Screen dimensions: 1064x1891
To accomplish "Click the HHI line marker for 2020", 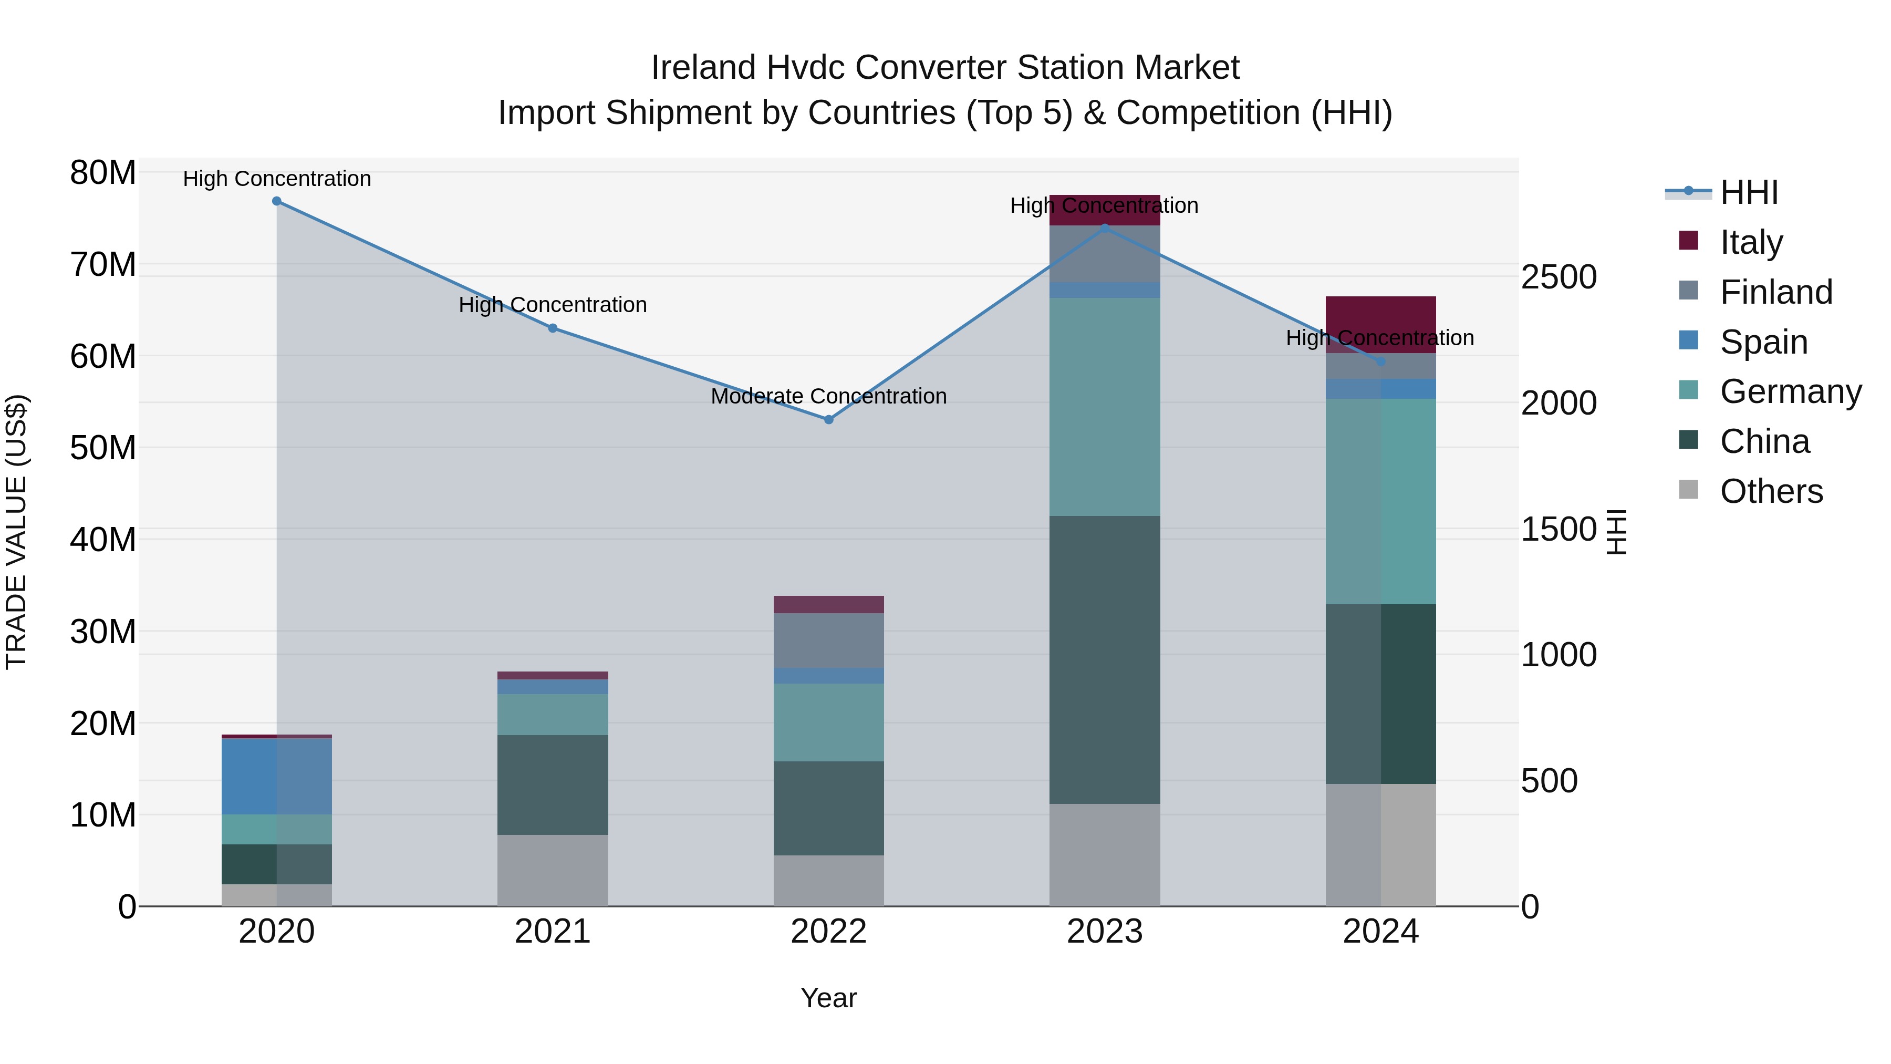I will (x=277, y=201).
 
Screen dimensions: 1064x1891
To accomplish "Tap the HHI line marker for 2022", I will (x=829, y=420).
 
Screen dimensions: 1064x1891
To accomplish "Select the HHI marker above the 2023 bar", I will (x=1105, y=229).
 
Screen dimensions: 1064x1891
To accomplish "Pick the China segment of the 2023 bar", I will (x=1105, y=659).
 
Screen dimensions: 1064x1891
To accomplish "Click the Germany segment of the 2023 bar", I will (x=1105, y=407).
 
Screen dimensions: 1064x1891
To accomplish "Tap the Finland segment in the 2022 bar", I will (x=829, y=641).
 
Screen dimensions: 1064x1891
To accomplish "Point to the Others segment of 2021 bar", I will (x=553, y=870).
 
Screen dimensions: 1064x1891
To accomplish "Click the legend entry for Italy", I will (x=1751, y=242).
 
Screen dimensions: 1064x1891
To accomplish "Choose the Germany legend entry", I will (x=1790, y=391).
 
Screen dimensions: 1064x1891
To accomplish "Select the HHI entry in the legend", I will (x=1749, y=192).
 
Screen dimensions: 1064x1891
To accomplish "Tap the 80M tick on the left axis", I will (x=103, y=173).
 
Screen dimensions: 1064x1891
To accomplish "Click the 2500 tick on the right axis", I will (x=1558, y=277).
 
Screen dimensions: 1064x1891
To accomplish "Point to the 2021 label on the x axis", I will (x=553, y=932).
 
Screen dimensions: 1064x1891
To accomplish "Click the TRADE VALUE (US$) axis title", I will (x=17, y=532).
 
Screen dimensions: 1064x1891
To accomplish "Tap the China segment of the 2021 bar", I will (x=553, y=784).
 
